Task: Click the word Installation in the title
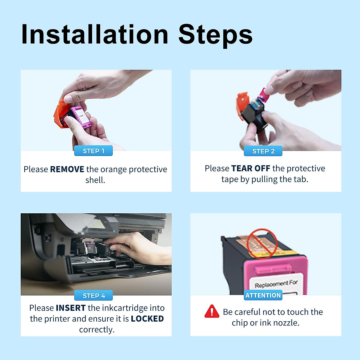pos(94,34)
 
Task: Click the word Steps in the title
pos(215,34)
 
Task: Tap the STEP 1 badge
pos(93,151)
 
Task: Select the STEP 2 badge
pos(263,151)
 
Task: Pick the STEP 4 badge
pos(93,295)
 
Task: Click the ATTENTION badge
pos(263,295)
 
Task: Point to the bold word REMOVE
pos(67,169)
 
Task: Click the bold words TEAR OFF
pos(250,168)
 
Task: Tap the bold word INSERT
pos(71,308)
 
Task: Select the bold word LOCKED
pos(147,319)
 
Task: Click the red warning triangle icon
pos(212,311)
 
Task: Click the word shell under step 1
pos(95,180)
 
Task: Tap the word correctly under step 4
pos(97,329)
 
